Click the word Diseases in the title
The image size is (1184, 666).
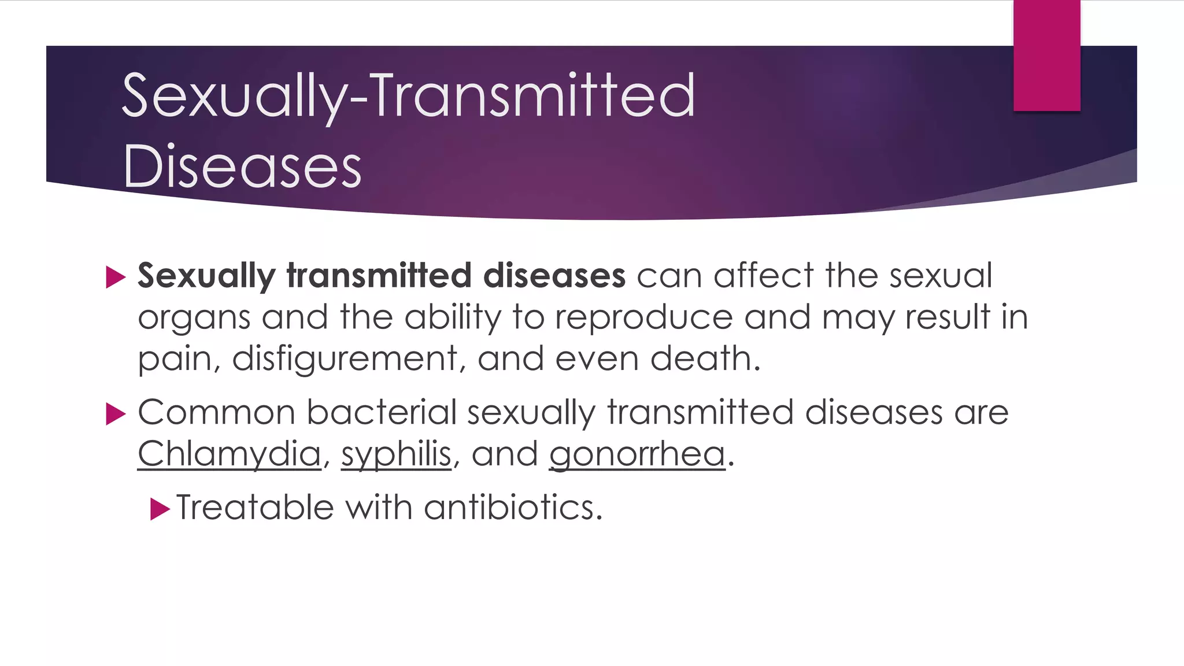[242, 166]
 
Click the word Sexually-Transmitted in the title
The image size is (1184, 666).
[408, 96]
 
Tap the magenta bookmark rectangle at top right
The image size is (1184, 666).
[1046, 55]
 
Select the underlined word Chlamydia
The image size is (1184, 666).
[229, 453]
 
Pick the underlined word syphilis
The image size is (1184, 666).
[396, 453]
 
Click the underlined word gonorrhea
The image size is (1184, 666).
[637, 453]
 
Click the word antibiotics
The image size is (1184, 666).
[513, 508]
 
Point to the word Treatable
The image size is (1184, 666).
[255, 508]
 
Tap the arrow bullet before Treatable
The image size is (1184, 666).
[160, 509]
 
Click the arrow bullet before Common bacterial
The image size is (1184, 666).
[116, 414]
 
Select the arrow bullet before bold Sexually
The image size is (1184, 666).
[116, 277]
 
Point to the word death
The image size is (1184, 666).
[704, 358]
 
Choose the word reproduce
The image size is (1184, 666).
[643, 317]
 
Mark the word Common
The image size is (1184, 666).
[216, 413]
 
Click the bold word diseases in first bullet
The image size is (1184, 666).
[554, 275]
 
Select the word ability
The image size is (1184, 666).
[453, 317]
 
